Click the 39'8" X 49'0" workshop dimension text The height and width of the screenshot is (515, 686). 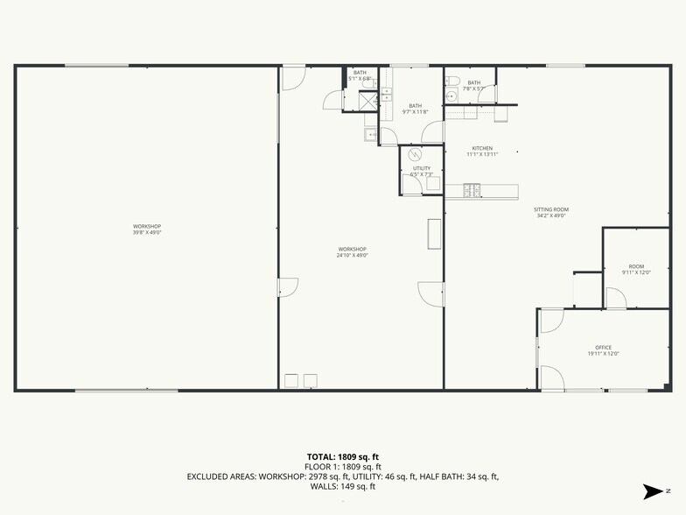click(x=147, y=232)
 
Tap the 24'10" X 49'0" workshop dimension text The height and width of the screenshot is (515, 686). click(x=353, y=255)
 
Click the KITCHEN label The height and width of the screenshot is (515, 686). click(x=482, y=148)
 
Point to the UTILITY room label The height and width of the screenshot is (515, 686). click(x=422, y=168)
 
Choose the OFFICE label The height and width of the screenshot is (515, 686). click(x=603, y=347)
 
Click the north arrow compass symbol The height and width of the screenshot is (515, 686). click(x=652, y=490)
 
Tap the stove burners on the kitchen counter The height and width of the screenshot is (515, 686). click(x=472, y=189)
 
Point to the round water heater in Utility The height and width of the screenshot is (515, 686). click(x=416, y=156)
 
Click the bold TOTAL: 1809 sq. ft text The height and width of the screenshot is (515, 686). click(x=342, y=457)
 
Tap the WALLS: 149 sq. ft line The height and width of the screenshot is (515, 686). click(x=342, y=486)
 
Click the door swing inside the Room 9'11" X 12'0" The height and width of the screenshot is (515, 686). click(x=615, y=299)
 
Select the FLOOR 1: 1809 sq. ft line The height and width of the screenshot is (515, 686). click(x=342, y=467)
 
